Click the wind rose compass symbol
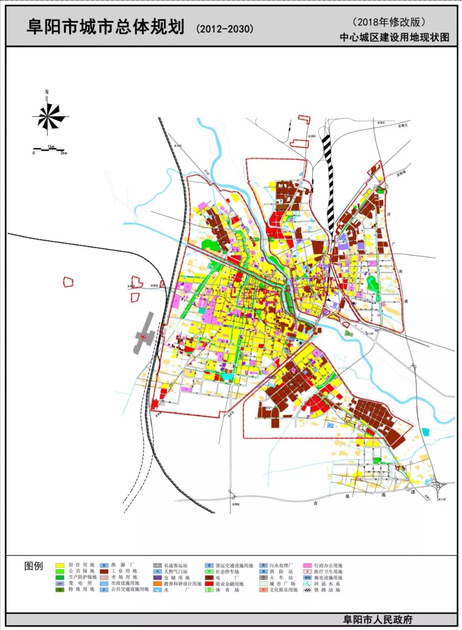pyautogui.click(x=50, y=116)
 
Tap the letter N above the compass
pyautogui.click(x=47, y=92)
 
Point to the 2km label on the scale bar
pyautogui.click(x=63, y=153)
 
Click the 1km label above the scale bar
pyautogui.click(x=51, y=146)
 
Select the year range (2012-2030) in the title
pyautogui.click(x=225, y=29)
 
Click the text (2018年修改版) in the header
pyautogui.click(x=389, y=22)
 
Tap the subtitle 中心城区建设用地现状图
pyautogui.click(x=394, y=37)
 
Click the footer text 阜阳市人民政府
pyautogui.click(x=377, y=619)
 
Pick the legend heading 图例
pyautogui.click(x=33, y=566)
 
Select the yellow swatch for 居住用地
pyautogui.click(x=59, y=565)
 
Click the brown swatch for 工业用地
pyautogui.click(x=104, y=571)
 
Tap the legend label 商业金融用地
pyautogui.click(x=229, y=584)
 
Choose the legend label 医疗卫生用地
pyautogui.click(x=328, y=571)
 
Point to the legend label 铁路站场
pyautogui.click(x=327, y=590)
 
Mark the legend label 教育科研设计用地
pyautogui.click(x=182, y=584)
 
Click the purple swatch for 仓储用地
pyautogui.click(x=157, y=578)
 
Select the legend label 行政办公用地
pyautogui.click(x=328, y=565)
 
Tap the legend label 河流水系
pyautogui.click(x=327, y=584)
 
